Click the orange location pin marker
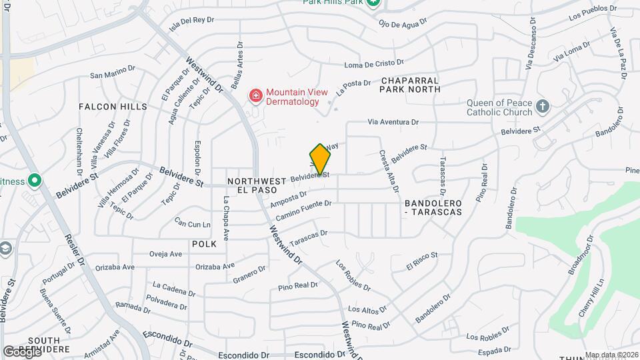320,160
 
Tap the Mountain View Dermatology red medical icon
255,97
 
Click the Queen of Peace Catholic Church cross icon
543,107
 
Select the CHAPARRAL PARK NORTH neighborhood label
411,84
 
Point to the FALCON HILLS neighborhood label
113,107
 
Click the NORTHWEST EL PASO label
257,186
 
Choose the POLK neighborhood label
204,245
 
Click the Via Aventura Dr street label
394,123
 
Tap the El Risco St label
421,261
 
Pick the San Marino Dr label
113,75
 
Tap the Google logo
22,351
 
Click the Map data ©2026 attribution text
611,355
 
